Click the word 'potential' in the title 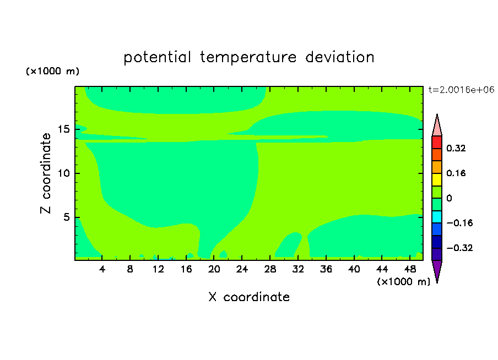[x=157, y=58]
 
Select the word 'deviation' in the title [x=339, y=57]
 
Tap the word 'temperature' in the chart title [x=248, y=58]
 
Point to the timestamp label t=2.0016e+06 [x=461, y=90]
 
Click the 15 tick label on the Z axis [x=64, y=129]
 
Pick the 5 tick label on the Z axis [x=66, y=217]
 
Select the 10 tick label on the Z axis [x=64, y=173]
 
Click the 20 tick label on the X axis [x=214, y=269]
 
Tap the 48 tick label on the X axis [x=410, y=269]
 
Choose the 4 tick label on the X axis [x=102, y=269]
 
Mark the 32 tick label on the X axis [x=298, y=269]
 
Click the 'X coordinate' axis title [x=249, y=297]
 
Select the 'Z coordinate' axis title [x=46, y=173]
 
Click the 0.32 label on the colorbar [x=456, y=148]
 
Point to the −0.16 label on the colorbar [x=459, y=223]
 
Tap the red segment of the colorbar [x=437, y=142]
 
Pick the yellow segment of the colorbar [x=437, y=179]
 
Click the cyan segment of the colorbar [x=437, y=217]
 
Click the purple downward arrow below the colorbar [x=437, y=270]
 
